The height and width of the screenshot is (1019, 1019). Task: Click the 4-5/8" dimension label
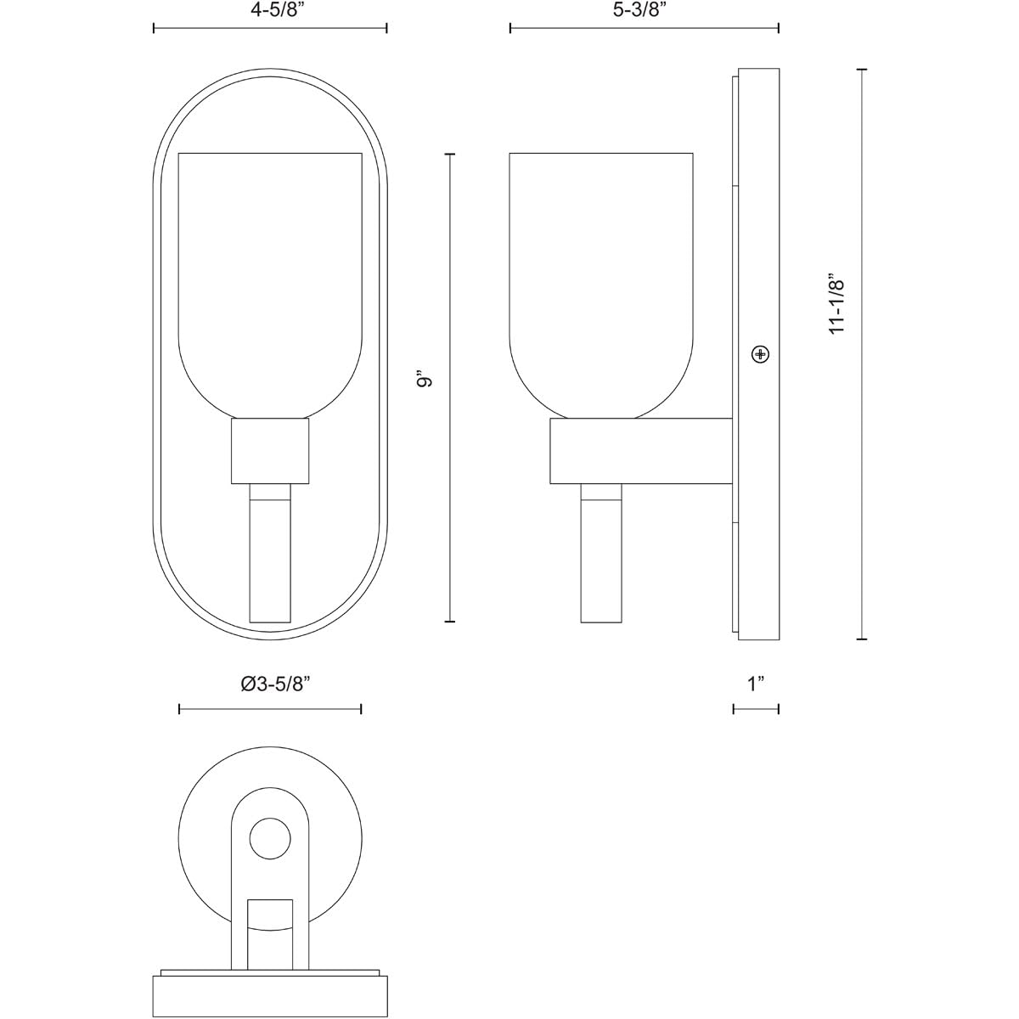pos(270,11)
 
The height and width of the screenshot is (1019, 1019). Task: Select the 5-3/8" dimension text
pos(644,11)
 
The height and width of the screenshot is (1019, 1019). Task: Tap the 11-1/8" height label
pos(837,303)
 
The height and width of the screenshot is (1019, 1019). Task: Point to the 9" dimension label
pos(424,378)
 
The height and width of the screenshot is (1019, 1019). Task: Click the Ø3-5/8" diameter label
pos(274,684)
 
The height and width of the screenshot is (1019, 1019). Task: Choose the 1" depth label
pos(756,684)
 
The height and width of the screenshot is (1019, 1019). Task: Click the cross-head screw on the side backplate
pos(760,354)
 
